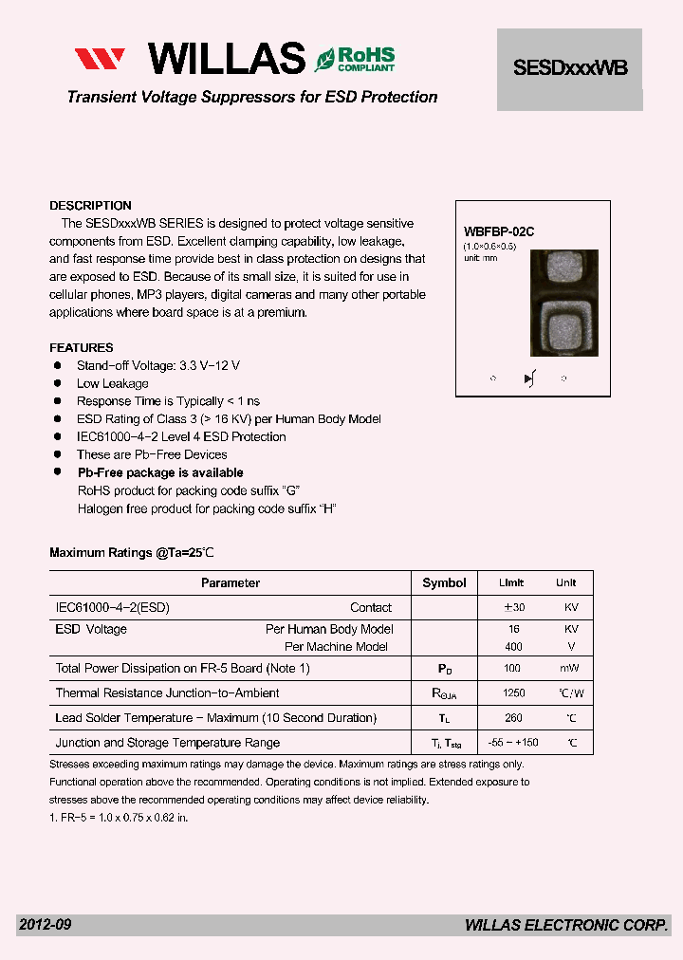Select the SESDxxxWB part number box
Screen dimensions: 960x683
(x=570, y=68)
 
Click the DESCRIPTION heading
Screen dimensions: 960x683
(x=90, y=206)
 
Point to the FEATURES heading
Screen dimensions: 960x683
(x=82, y=348)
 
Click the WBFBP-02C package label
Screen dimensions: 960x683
(x=499, y=231)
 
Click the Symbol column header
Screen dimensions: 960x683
(x=444, y=583)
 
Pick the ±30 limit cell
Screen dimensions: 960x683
(x=514, y=608)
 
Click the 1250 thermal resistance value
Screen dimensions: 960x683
(x=514, y=693)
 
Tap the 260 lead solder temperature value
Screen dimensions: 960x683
(x=514, y=718)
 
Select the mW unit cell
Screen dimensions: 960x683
(x=565, y=669)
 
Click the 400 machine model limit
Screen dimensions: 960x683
(x=514, y=647)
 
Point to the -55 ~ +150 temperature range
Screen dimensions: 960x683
(x=514, y=743)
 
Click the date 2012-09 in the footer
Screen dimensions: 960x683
(x=45, y=925)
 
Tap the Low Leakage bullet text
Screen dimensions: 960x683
(x=113, y=384)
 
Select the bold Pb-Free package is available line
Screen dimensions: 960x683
(x=160, y=473)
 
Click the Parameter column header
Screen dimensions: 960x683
(x=231, y=583)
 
